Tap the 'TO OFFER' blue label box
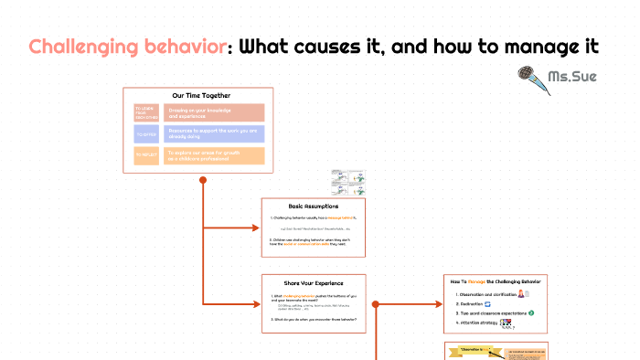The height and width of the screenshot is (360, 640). [146, 134]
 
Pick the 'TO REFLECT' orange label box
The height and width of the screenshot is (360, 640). [146, 156]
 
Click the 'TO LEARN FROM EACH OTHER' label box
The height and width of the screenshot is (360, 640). [146, 112]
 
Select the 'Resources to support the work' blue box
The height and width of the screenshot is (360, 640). [215, 134]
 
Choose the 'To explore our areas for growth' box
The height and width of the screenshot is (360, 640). [215, 156]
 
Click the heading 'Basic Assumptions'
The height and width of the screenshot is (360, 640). [314, 206]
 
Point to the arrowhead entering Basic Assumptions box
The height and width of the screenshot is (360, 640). [258, 226]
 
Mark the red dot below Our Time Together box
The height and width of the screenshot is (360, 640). [202, 179]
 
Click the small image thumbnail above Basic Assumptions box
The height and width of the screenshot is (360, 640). [347, 182]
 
